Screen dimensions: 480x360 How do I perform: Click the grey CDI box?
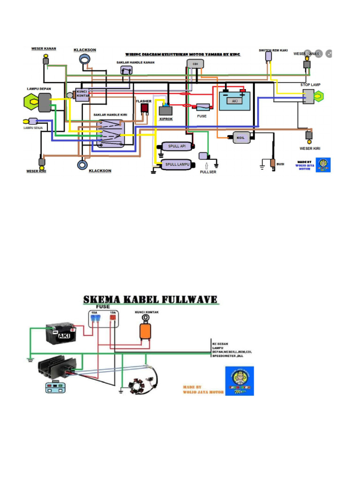[195, 64]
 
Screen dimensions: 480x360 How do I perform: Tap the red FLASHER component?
[145, 108]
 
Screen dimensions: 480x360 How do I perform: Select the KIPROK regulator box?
[166, 111]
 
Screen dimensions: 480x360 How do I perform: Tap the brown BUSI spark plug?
[272, 164]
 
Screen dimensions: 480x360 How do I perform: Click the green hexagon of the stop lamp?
[318, 97]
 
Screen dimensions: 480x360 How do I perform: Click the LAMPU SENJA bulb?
[32, 121]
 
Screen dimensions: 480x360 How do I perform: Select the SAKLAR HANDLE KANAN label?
[135, 62]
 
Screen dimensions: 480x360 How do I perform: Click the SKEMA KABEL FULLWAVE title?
[150, 300]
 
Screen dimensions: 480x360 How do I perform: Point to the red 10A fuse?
[112, 318]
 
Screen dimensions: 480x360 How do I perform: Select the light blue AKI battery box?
[235, 101]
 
